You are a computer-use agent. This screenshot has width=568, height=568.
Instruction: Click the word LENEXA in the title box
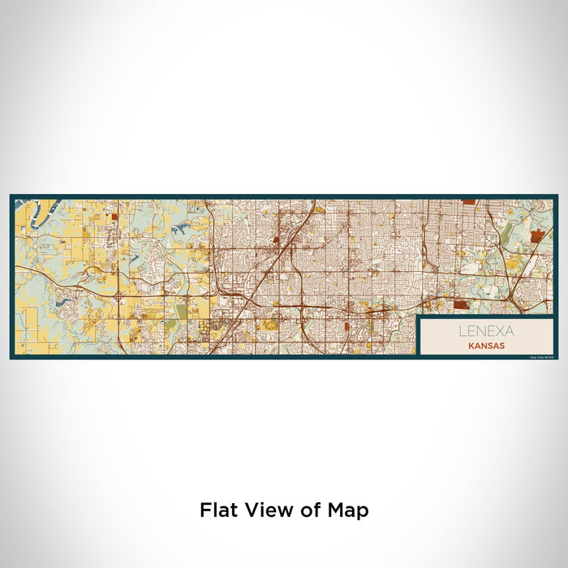pyautogui.click(x=486, y=331)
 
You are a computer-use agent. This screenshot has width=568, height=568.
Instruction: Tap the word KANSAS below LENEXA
pyautogui.click(x=486, y=345)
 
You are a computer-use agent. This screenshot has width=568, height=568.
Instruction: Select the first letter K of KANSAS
pyautogui.click(x=470, y=345)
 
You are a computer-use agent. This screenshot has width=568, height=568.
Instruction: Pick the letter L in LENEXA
pyautogui.click(x=462, y=331)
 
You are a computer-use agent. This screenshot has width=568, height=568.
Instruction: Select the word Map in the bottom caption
pyautogui.click(x=348, y=511)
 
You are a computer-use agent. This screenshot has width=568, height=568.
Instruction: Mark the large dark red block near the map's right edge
pyautogui.click(x=536, y=236)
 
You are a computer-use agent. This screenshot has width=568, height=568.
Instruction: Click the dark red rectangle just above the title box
pyautogui.click(x=461, y=305)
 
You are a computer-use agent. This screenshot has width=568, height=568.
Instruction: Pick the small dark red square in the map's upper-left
pyautogui.click(x=114, y=217)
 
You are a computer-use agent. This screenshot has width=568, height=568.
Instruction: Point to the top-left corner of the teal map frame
pyautogui.click(x=11, y=196)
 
